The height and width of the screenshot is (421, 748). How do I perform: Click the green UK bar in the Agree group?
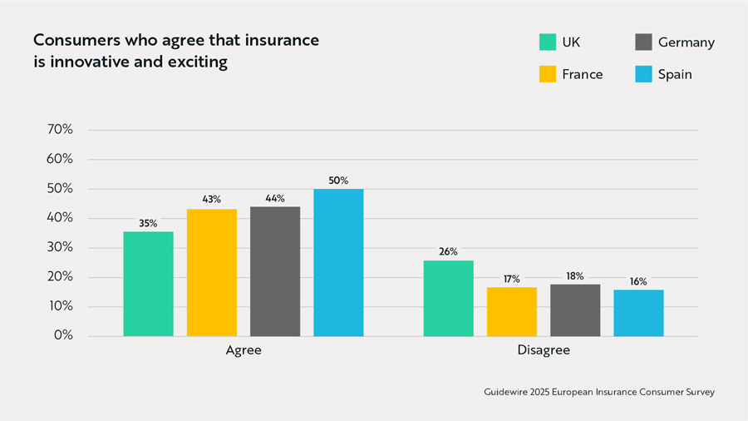click(148, 284)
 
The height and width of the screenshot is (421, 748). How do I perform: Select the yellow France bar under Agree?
click(211, 272)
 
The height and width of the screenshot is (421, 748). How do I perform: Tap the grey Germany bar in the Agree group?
click(274, 271)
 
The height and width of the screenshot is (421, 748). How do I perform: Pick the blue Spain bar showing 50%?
click(338, 262)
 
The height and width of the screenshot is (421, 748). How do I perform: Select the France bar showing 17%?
click(511, 311)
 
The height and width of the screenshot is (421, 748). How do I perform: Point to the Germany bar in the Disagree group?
click(575, 310)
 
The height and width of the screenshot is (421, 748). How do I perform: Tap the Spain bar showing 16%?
click(638, 313)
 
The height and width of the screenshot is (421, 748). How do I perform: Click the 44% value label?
click(274, 199)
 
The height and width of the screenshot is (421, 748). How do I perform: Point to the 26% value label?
click(448, 252)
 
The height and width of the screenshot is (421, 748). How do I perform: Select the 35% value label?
click(148, 224)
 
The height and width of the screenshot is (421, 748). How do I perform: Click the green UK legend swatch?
click(547, 42)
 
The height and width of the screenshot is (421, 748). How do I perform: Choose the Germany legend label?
click(686, 42)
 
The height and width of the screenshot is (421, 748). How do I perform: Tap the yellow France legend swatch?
click(547, 74)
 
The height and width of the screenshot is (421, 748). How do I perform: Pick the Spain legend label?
click(675, 74)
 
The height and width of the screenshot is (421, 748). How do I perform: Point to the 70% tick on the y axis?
click(60, 130)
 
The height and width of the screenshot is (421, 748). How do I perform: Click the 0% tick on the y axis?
click(63, 336)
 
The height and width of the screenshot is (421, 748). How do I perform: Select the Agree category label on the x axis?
click(244, 350)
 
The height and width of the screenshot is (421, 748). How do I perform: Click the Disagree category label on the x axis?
click(544, 350)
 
